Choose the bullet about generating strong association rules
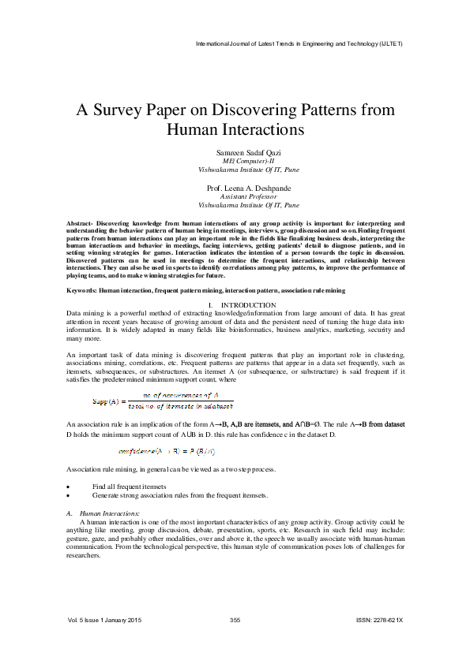pos(179,495)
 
